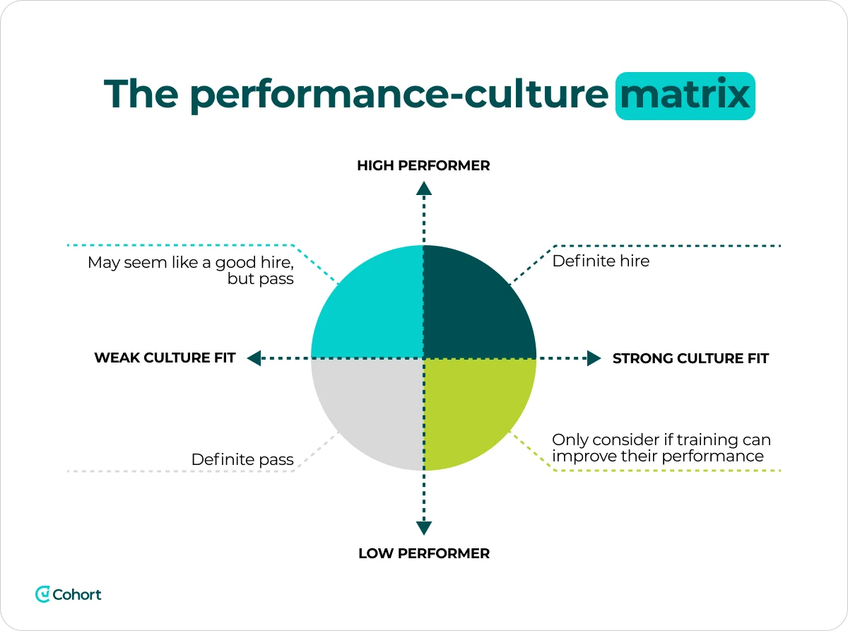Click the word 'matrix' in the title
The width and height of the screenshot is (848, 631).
[x=685, y=95]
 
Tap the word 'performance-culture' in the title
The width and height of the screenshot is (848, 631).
[x=399, y=95]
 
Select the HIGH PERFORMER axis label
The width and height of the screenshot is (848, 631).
[x=423, y=166]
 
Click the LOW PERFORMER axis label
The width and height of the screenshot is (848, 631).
[x=423, y=553]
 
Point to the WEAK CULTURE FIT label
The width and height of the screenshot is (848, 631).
[x=165, y=358]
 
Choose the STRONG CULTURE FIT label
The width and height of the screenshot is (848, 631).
[x=690, y=358]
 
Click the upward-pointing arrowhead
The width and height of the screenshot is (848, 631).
[x=423, y=188]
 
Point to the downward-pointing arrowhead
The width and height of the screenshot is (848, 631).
[x=423, y=527]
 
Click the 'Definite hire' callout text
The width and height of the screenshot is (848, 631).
[x=601, y=261]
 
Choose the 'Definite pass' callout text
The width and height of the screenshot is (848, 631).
[x=242, y=460]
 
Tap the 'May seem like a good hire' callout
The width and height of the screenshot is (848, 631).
[x=190, y=271]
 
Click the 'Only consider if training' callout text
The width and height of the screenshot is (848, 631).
[x=661, y=448]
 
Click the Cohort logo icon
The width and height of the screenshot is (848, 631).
[x=42, y=594]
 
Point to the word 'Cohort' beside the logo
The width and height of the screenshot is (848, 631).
[x=77, y=594]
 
